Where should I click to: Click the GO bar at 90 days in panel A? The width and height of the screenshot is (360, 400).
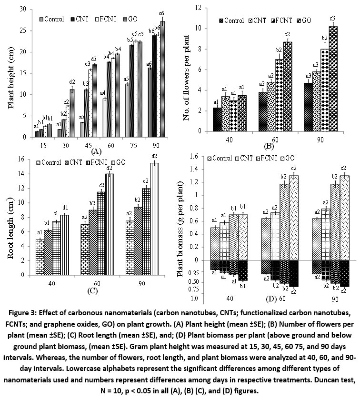[x=162, y=81]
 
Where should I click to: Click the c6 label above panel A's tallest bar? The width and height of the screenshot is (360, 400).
[x=162, y=13]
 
